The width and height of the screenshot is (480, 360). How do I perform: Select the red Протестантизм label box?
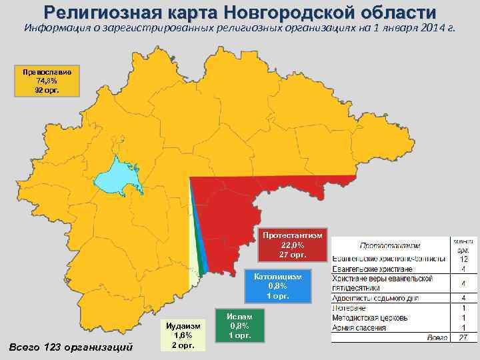coord(292,245)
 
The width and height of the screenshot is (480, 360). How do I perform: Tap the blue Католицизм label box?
coord(277,286)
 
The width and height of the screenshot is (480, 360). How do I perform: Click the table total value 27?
coord(463,339)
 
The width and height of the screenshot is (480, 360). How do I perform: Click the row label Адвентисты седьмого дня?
coord(381,298)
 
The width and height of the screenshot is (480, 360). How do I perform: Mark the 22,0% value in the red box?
coord(292,245)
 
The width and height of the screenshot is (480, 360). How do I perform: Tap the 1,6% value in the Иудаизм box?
coord(183,335)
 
